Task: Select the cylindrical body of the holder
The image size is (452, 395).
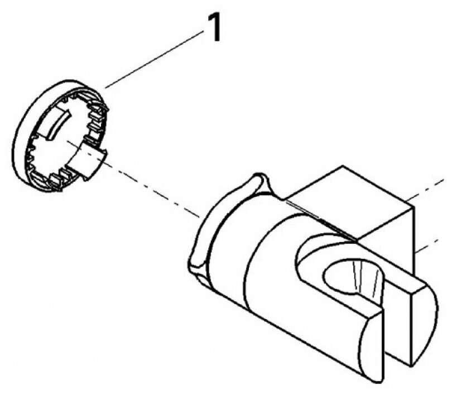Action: pyautogui.click(x=268, y=262)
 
